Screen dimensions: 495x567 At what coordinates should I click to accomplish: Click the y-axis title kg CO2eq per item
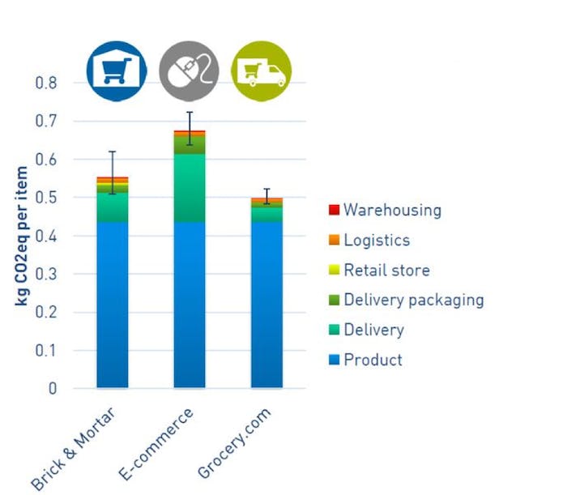tap(22, 235)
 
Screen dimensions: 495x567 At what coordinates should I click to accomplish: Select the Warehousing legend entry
tap(392, 210)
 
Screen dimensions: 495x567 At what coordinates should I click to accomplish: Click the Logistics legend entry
tap(376, 240)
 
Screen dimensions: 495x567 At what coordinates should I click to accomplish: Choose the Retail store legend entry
tap(386, 270)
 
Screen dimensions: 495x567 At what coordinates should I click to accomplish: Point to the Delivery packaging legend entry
tap(413, 300)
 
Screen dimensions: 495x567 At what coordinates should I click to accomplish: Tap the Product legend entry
tap(373, 360)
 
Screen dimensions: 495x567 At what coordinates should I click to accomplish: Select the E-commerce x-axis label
tap(157, 445)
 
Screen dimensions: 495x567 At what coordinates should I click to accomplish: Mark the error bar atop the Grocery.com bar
tap(266, 195)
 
